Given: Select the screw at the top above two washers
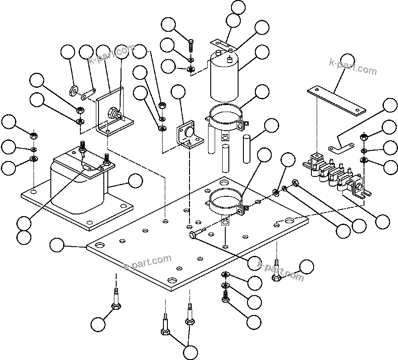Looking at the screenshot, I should [191, 46].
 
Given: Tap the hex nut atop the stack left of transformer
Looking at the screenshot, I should [34, 135].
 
